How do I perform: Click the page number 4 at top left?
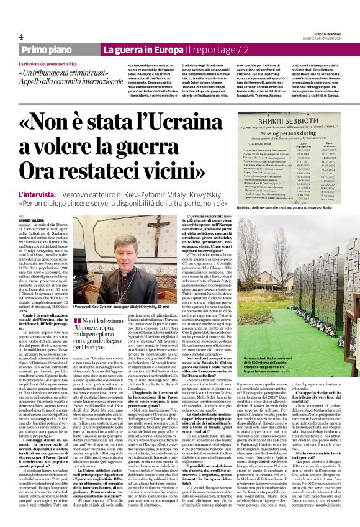coord(20,37)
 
